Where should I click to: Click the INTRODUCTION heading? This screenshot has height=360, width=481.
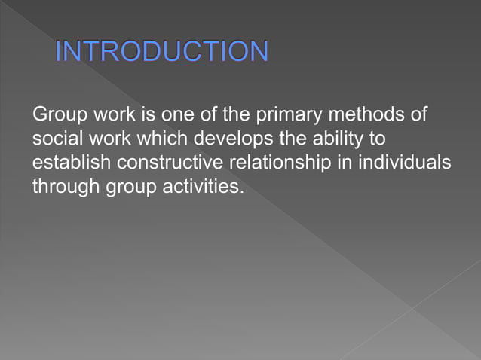(161, 52)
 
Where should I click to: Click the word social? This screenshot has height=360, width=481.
(55, 139)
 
